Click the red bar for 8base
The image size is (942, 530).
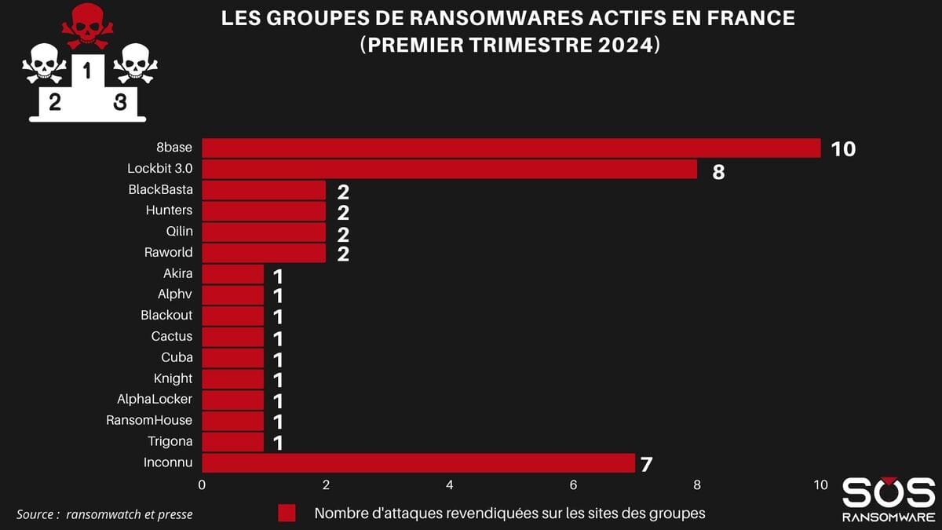coord(511,148)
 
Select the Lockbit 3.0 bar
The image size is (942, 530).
coord(449,169)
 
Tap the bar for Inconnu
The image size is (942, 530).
coord(418,463)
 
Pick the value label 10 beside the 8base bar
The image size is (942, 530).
coord(842,149)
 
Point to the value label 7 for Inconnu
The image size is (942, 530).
coord(646,464)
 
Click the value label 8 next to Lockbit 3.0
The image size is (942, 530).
coord(718,172)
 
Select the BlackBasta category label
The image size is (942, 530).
coord(160,189)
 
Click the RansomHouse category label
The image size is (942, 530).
coord(149,420)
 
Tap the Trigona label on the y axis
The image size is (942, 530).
coord(170,441)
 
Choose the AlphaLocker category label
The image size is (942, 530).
coord(155,399)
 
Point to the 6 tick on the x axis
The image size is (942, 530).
coord(573,485)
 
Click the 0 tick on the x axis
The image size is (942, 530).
coord(203,485)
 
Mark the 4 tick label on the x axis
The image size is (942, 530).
coord(450,485)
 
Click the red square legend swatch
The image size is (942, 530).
coord(287,514)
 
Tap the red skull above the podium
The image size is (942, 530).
coord(87,25)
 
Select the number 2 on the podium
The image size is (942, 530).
coord(54,102)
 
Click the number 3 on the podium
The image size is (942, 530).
coord(120,102)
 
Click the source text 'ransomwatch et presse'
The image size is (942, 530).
coord(130,514)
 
